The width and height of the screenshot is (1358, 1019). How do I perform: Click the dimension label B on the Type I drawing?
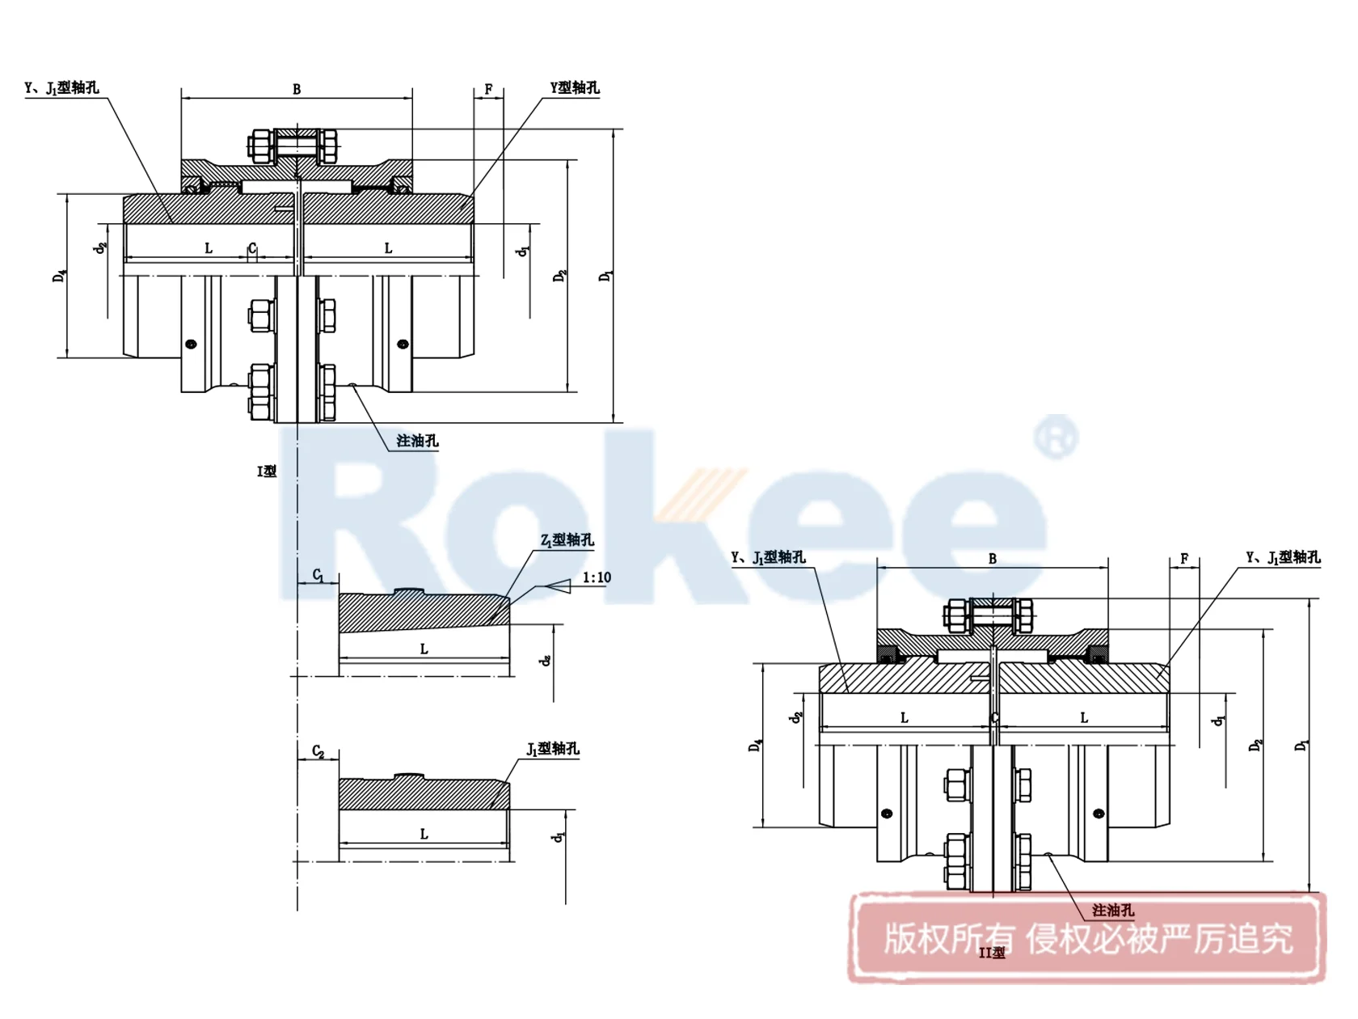[297, 89]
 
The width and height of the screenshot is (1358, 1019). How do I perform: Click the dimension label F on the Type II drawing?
[1184, 559]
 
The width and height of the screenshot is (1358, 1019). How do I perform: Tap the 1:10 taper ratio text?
[597, 577]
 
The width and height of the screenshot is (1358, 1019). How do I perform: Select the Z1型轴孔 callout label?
[567, 539]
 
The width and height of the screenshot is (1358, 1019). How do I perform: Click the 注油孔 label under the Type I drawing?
[417, 441]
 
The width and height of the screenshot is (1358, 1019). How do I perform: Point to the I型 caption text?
[267, 471]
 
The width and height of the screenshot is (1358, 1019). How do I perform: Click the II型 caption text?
[992, 953]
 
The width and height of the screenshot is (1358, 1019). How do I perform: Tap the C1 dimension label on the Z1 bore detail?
[318, 575]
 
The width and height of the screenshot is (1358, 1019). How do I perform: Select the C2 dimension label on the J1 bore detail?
[318, 751]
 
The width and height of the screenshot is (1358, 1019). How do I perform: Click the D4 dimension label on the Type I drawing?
[59, 277]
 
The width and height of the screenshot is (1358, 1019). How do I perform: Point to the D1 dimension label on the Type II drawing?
[1301, 745]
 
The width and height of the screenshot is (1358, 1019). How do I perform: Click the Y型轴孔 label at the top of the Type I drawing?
[575, 87]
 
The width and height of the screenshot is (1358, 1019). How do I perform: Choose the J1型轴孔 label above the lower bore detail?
[553, 749]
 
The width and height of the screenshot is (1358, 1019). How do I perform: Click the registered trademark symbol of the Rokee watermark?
[1056, 438]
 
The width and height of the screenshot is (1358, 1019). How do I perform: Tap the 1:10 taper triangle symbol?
[559, 586]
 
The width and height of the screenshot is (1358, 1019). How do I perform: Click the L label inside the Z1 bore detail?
[424, 649]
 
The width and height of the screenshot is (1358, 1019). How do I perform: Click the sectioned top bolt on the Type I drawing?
[297, 147]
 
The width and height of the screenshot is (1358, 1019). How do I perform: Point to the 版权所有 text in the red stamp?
[948, 939]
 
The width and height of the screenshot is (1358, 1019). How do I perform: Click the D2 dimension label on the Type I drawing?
[559, 276]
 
